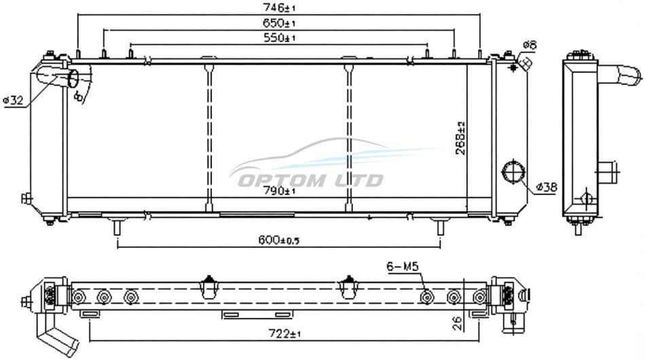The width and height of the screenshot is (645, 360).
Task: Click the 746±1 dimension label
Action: point(279,7)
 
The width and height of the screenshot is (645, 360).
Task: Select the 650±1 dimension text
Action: point(279,23)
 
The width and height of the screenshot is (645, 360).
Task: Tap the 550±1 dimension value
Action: point(279,38)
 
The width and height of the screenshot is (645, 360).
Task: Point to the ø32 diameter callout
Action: point(13,100)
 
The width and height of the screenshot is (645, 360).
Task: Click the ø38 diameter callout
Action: point(547,187)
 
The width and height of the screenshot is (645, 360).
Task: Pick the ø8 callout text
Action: point(530,45)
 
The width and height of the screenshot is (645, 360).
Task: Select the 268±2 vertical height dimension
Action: point(461,139)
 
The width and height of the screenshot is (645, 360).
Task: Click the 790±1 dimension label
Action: point(279,190)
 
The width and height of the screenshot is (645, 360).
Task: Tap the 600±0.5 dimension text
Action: point(279,240)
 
